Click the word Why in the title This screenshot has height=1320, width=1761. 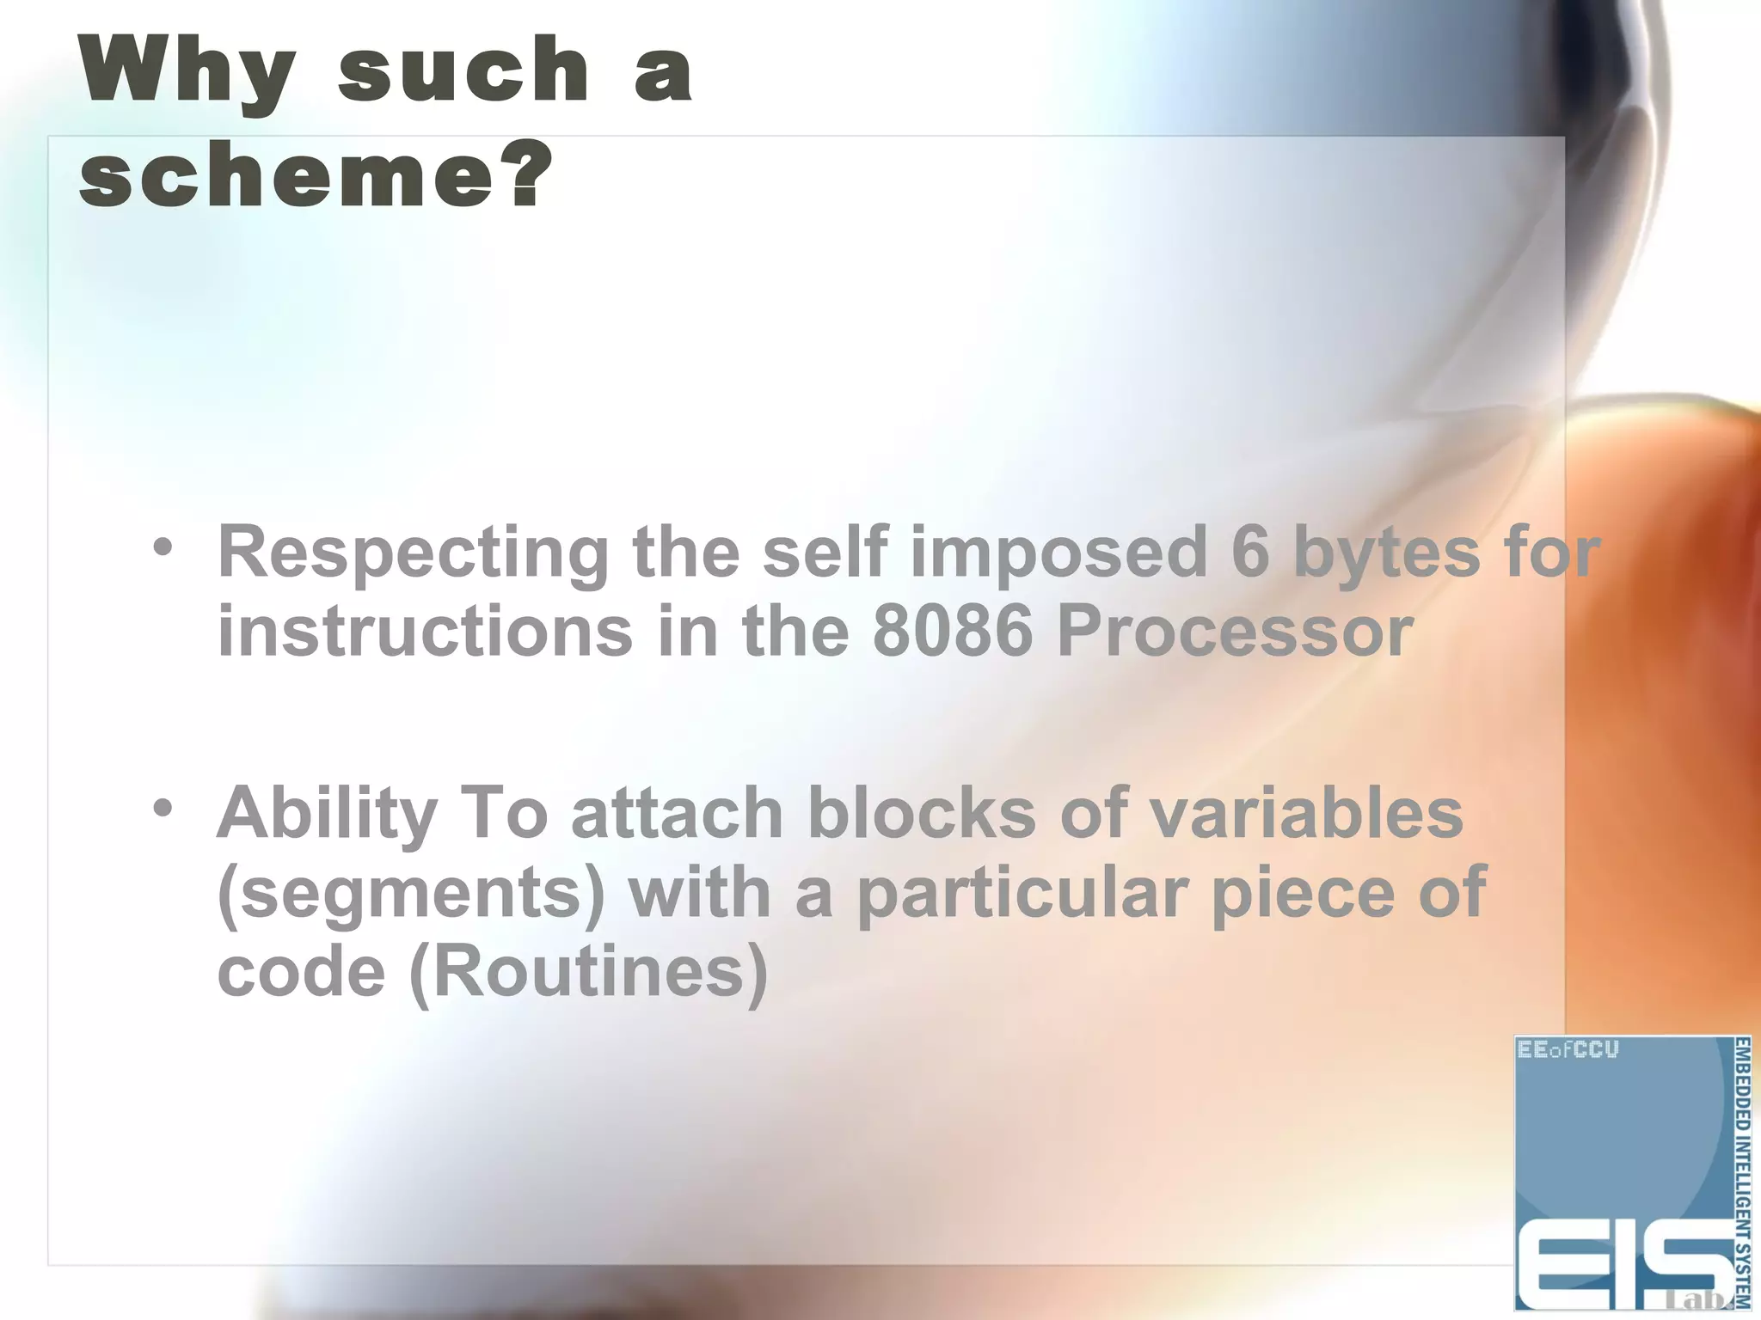[187, 70]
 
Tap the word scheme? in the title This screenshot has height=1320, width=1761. [315, 175]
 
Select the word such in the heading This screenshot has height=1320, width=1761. [463, 70]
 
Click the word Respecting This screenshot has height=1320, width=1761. [413, 553]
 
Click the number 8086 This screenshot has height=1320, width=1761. [952, 632]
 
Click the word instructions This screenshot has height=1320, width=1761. [425, 632]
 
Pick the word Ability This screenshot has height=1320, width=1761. [327, 814]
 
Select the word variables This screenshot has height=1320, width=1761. [1306, 812]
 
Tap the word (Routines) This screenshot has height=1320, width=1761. [587, 973]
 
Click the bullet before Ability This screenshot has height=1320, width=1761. [163, 808]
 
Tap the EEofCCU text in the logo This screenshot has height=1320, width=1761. [1568, 1050]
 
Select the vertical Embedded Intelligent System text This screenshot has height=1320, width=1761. [1741, 1173]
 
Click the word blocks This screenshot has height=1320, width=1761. [922, 812]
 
